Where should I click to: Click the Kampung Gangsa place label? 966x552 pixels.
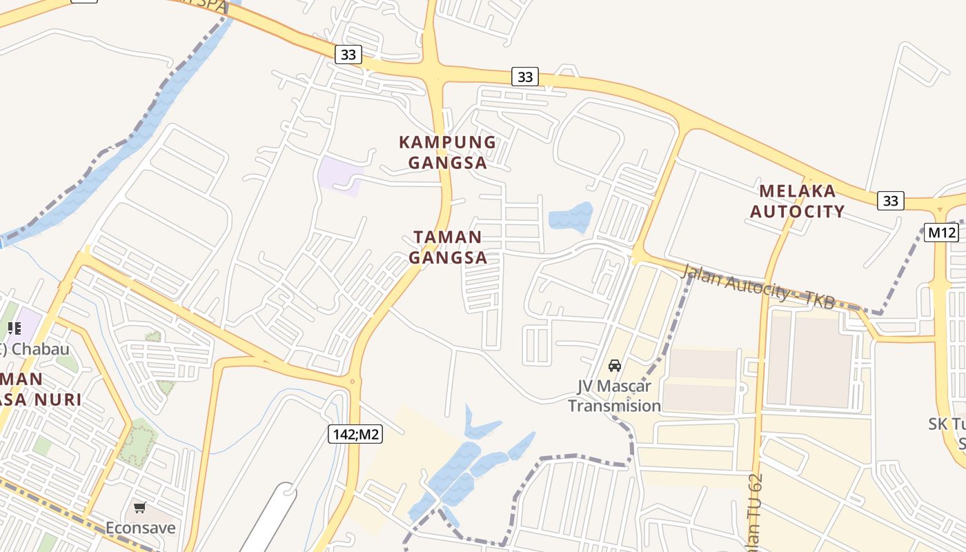pyautogui.click(x=447, y=152)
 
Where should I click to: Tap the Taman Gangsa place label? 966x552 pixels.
pyautogui.click(x=448, y=247)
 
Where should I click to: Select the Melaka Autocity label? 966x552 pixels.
pyautogui.click(x=797, y=201)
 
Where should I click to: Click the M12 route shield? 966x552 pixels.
pyautogui.click(x=941, y=233)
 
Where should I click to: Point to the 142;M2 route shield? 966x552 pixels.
pyautogui.click(x=355, y=434)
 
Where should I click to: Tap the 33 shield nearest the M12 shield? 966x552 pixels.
pyautogui.click(x=890, y=200)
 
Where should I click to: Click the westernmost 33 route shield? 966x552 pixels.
pyautogui.click(x=348, y=55)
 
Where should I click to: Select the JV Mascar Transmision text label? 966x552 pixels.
pyautogui.click(x=614, y=395)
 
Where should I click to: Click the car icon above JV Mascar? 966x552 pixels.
pyautogui.click(x=614, y=365)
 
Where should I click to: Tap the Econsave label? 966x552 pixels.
pyautogui.click(x=140, y=528)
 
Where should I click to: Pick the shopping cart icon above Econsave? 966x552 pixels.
pyautogui.click(x=140, y=508)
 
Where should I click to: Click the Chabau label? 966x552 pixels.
pyautogui.click(x=40, y=348)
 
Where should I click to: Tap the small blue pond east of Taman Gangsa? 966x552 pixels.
pyautogui.click(x=571, y=218)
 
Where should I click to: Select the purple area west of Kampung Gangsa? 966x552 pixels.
pyautogui.click(x=339, y=174)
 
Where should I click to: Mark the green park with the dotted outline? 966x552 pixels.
pyautogui.click(x=136, y=442)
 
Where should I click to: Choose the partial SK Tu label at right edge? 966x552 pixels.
pyautogui.click(x=949, y=431)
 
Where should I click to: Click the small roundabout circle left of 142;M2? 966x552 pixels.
pyautogui.click(x=352, y=381)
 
